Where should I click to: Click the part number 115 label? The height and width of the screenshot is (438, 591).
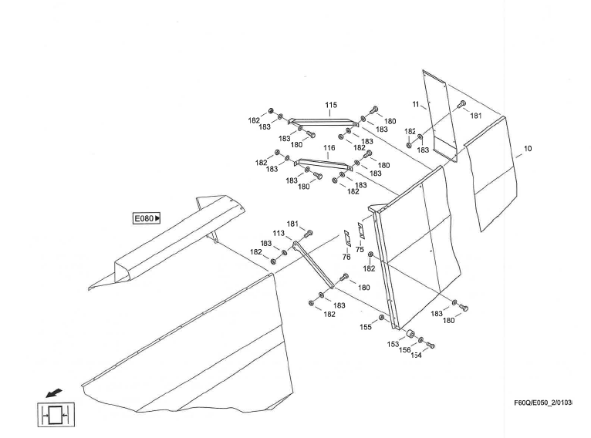pos(331,105)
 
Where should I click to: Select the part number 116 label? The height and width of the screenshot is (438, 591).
pos(329,147)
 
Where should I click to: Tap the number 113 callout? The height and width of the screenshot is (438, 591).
pos(279,233)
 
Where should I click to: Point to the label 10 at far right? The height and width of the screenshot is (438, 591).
pos(528,148)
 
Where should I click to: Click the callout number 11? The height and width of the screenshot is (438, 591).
pos(416,104)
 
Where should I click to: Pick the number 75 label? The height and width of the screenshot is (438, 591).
pos(360,250)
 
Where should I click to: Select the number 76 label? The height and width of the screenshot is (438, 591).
pos(346,258)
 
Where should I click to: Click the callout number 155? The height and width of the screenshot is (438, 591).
pos(366,327)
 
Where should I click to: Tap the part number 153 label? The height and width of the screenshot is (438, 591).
pos(393,344)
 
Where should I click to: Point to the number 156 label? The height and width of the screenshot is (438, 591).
pos(404,350)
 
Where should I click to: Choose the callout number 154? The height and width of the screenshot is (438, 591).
pos(416,355)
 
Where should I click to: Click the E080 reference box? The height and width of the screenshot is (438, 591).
pos(147,219)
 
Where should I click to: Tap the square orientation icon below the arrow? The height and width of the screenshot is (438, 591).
pos(54,415)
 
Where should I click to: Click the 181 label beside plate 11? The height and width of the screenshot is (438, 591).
pos(476,116)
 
